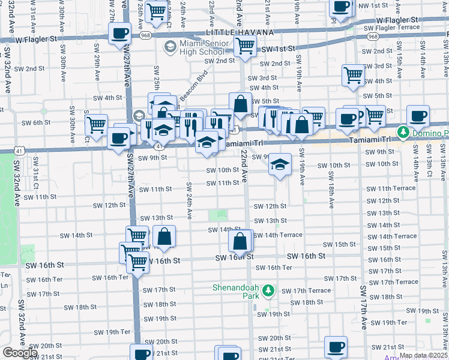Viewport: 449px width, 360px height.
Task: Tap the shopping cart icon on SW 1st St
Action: [245, 46]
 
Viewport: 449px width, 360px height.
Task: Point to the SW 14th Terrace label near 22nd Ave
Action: [278, 235]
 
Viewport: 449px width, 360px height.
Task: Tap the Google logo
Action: [20, 353]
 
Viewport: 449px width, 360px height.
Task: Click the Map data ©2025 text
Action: [423, 355]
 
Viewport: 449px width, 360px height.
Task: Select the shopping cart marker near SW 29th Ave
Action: [96, 125]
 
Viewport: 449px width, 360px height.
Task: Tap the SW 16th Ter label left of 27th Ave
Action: [110, 277]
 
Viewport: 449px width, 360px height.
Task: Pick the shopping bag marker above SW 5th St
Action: [240, 104]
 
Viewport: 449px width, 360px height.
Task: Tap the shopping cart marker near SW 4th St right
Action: [354, 75]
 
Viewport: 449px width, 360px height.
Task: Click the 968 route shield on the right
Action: [373, 37]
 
